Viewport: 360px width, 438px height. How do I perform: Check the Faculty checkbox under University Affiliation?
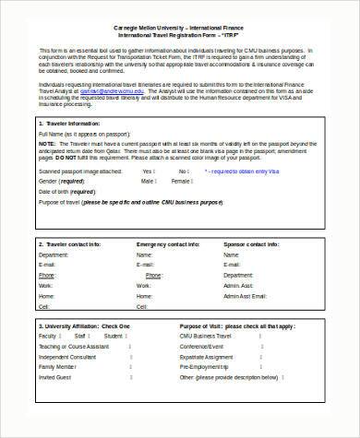[62, 337]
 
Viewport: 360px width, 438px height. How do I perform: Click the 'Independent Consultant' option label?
[69, 357]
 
